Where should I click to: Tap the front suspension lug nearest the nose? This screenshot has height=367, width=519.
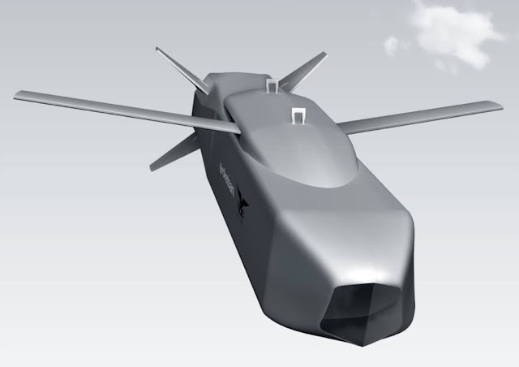pos(298,116)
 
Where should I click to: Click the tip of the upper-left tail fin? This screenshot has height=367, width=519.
pos(158,50)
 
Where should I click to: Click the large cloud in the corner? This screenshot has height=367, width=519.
pos(454,32)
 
